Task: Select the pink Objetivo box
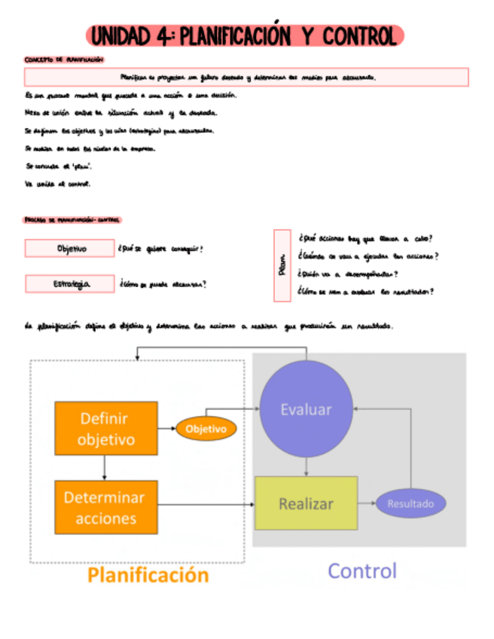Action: pos(69,248)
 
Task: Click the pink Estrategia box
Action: pos(69,284)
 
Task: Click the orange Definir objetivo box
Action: pos(106,428)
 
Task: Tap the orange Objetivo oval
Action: pos(206,429)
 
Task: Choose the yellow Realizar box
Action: pos(305,503)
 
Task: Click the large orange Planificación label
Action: pos(148,575)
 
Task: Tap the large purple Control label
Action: pos(361,570)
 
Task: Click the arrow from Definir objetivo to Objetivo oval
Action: pos(166,429)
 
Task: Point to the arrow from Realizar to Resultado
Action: pos(366,503)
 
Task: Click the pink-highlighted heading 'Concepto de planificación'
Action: pos(64,60)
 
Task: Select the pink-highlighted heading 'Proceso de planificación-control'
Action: pos(72,220)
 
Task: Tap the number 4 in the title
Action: pos(163,36)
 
